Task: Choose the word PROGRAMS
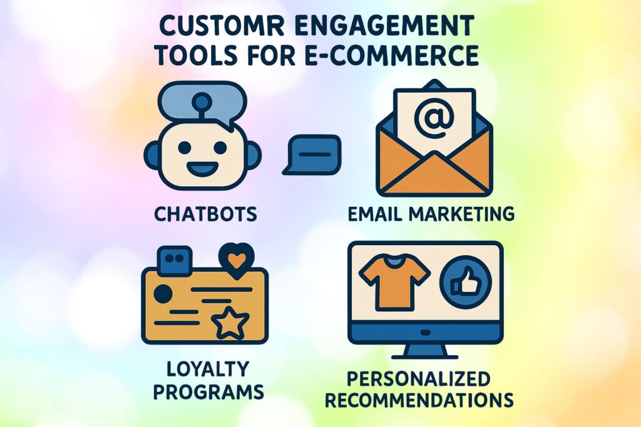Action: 206,393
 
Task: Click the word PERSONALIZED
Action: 419,379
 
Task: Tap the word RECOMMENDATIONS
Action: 419,399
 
